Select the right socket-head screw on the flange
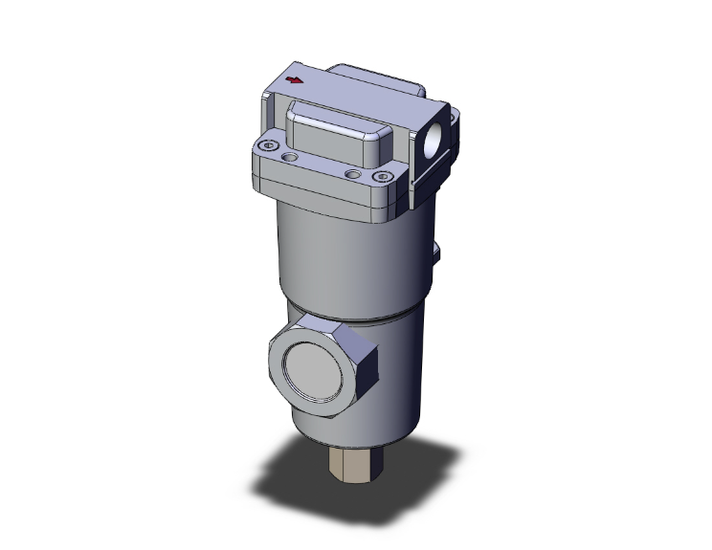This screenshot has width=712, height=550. coord(385,176)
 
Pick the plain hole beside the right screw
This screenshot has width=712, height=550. coord(356,173)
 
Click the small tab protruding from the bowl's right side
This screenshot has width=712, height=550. coord(437,253)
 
